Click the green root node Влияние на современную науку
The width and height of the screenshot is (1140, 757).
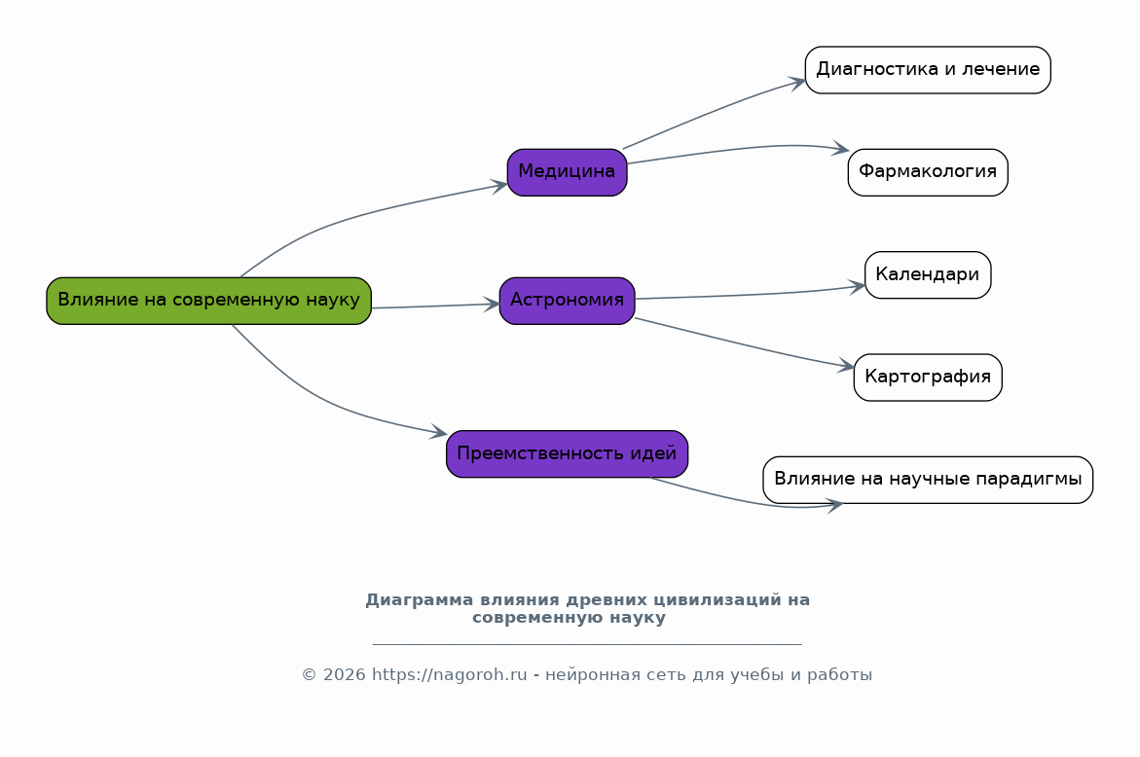[x=208, y=301]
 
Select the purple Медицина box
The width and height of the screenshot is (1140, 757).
[x=568, y=172]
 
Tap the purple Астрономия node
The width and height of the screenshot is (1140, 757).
[x=568, y=301]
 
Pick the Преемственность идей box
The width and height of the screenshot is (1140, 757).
[x=568, y=454]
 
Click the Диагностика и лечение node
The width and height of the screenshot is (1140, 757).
[x=928, y=70]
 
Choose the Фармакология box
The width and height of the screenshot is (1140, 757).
[x=928, y=172]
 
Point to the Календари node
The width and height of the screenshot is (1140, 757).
[x=928, y=274]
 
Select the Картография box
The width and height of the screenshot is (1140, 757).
[x=928, y=378]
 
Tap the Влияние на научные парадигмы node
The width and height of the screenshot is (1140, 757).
[x=928, y=480]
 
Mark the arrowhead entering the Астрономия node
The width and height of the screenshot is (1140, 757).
[x=493, y=305]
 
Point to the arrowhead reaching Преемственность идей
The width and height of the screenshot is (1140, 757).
[x=439, y=432]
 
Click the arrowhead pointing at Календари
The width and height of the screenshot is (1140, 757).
[x=857, y=286]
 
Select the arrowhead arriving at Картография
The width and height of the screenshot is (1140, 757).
[x=846, y=366]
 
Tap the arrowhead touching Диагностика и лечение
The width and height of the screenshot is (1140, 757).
[x=797, y=83]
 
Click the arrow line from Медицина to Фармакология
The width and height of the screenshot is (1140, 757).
[x=736, y=150]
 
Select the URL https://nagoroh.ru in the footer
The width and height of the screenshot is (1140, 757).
[x=450, y=675]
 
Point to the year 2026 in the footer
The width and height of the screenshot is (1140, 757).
[x=344, y=675]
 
